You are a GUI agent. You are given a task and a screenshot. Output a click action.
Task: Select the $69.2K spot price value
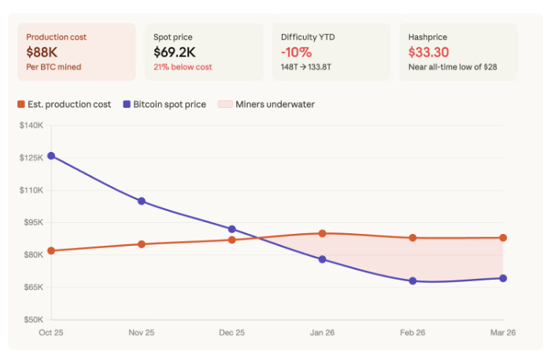click(x=176, y=52)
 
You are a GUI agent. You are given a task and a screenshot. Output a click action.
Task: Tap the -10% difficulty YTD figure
click(x=296, y=52)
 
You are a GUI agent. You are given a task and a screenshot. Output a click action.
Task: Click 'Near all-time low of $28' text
click(x=451, y=67)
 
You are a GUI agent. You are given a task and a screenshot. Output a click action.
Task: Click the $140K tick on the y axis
click(x=31, y=125)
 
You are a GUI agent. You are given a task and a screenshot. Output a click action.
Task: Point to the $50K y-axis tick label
click(x=32, y=320)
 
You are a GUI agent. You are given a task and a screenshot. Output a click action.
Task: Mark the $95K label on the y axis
click(x=32, y=223)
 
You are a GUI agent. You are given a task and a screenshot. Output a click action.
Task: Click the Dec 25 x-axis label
click(x=231, y=333)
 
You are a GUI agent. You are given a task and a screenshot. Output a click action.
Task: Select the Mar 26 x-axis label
click(x=502, y=333)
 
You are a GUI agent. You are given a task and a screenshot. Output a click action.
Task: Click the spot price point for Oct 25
click(x=51, y=156)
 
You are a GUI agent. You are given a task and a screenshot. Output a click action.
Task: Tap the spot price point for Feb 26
click(x=412, y=280)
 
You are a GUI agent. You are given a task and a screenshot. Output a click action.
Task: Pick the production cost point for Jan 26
click(x=322, y=233)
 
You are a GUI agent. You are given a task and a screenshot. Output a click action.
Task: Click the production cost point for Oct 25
click(x=51, y=251)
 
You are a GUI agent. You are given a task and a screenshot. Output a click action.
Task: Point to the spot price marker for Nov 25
click(x=142, y=201)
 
